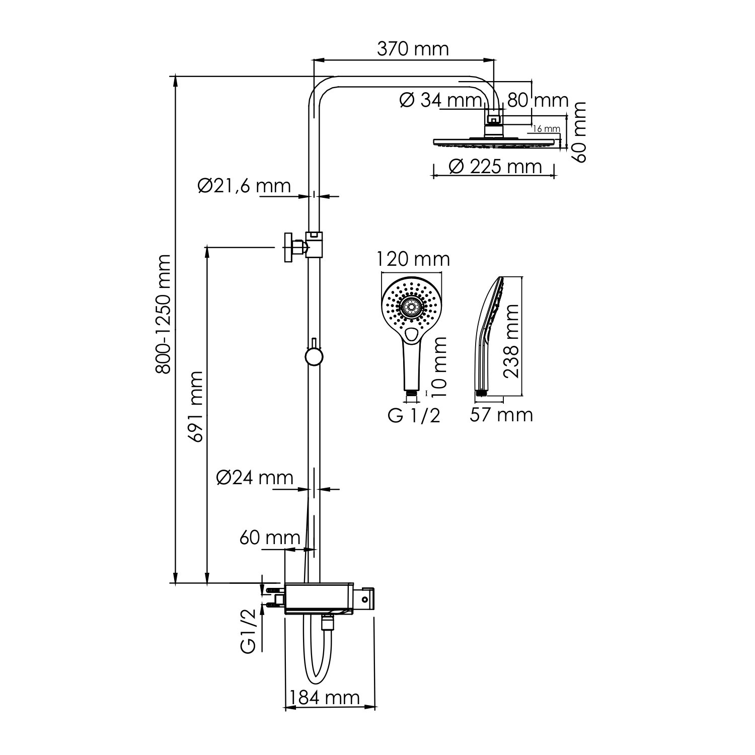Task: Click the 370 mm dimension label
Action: (413, 49)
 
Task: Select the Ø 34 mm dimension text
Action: (441, 101)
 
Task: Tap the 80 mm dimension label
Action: (538, 101)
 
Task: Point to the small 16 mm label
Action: (546, 129)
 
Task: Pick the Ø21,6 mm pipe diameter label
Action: (245, 186)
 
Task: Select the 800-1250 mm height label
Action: (163, 315)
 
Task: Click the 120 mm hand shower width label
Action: (413, 259)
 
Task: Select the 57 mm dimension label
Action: (501, 415)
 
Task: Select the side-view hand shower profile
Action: (488, 332)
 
